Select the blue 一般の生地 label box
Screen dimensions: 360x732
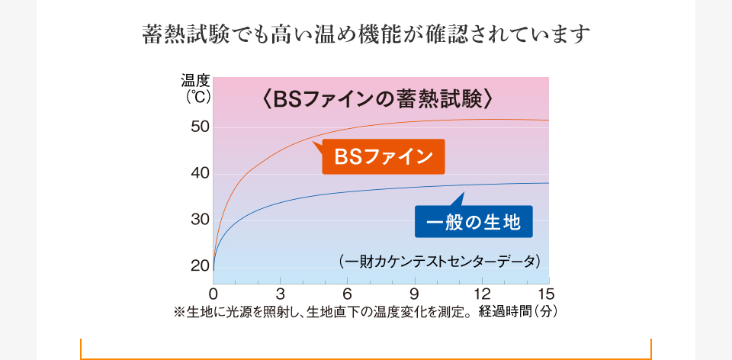473,223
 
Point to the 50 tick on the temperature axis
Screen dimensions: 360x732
201,127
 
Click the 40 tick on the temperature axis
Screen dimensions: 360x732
201,173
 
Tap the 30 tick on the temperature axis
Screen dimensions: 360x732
201,220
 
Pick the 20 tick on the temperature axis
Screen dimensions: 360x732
201,266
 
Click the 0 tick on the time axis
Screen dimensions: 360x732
213,294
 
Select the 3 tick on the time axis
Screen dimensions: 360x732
281,294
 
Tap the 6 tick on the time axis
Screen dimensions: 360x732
347,294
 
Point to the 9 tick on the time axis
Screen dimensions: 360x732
414,294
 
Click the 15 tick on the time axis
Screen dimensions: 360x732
546,294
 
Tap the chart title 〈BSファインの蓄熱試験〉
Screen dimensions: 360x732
380,99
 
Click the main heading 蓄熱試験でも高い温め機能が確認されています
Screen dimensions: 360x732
366,34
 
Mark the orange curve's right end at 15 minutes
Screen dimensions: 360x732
548,121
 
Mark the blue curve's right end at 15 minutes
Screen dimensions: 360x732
548,183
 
